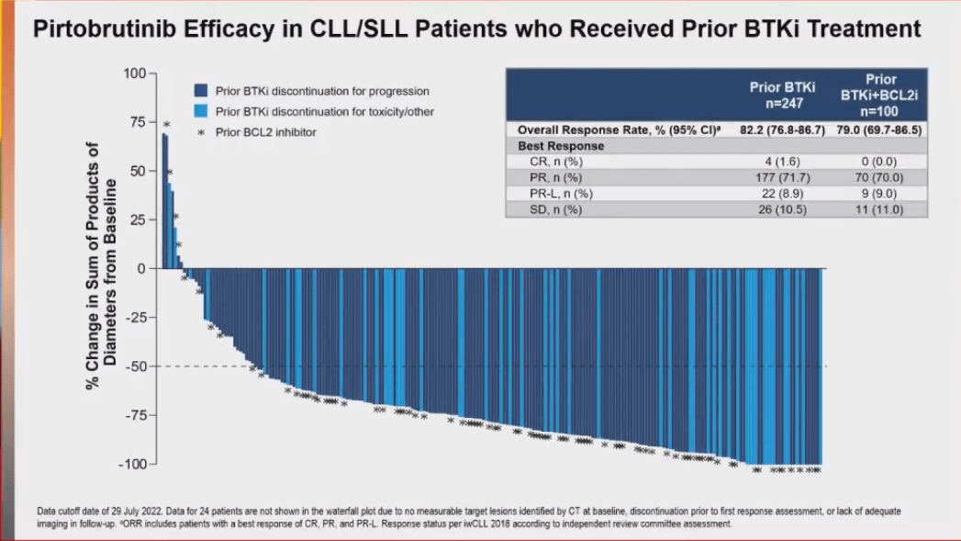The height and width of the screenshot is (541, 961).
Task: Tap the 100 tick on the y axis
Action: (134, 73)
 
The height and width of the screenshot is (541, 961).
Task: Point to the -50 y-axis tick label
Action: (134, 366)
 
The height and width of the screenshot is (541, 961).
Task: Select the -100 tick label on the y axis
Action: (131, 464)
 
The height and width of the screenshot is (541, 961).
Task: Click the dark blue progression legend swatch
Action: (200, 91)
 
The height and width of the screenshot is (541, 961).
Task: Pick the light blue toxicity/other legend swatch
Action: (200, 111)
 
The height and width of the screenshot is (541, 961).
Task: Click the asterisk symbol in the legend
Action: (200, 132)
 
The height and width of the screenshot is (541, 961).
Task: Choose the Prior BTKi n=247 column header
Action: (777, 95)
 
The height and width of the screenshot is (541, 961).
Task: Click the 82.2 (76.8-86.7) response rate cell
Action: (777, 130)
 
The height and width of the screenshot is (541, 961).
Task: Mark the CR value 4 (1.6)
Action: (777, 162)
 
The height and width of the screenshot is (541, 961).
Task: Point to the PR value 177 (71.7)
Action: (777, 177)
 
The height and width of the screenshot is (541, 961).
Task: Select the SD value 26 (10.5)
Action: (777, 209)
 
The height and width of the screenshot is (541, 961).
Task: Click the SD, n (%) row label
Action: (550, 209)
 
